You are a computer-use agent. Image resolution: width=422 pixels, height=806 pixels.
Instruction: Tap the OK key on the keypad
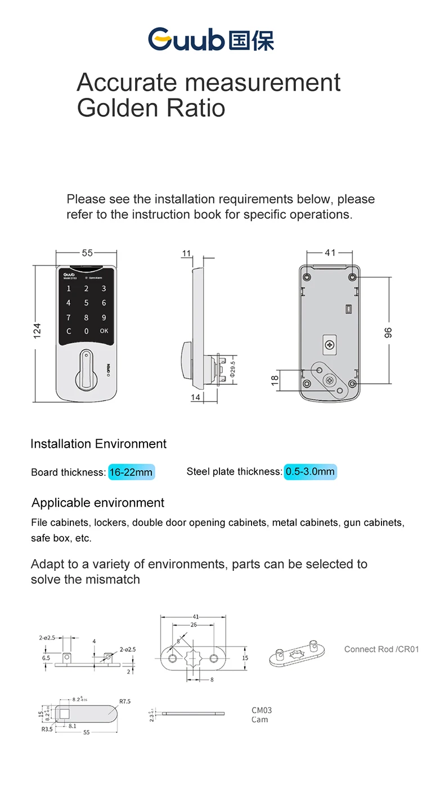point(104,331)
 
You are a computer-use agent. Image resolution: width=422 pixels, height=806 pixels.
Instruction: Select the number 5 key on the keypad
point(86,303)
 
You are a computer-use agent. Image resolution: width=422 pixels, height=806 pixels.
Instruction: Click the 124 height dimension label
point(38,332)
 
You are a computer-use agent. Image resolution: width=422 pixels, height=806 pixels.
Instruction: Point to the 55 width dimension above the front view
point(87,253)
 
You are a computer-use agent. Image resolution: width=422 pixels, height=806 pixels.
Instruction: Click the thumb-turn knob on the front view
point(86,370)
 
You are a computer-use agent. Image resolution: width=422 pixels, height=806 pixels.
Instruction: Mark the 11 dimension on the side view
point(186,253)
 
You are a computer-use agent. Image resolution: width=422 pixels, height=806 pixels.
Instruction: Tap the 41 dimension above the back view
point(330,253)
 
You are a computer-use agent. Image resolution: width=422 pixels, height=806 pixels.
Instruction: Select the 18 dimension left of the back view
point(275,380)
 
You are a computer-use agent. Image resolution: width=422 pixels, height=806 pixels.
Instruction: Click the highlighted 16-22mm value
point(131,472)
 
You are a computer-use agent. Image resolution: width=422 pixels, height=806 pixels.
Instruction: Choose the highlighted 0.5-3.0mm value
point(309,472)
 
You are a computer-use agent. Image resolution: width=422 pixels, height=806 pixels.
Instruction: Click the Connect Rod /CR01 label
point(381,649)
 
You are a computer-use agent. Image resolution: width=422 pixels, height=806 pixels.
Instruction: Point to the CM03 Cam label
point(262,715)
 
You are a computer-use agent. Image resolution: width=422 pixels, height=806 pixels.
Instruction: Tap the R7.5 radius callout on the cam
point(124,701)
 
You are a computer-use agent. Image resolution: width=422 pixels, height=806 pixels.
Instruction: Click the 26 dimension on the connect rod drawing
point(194,624)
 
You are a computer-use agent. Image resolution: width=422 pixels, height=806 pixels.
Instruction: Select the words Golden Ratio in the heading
point(151,107)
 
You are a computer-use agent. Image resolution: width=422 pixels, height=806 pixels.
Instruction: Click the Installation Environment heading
point(98,444)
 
